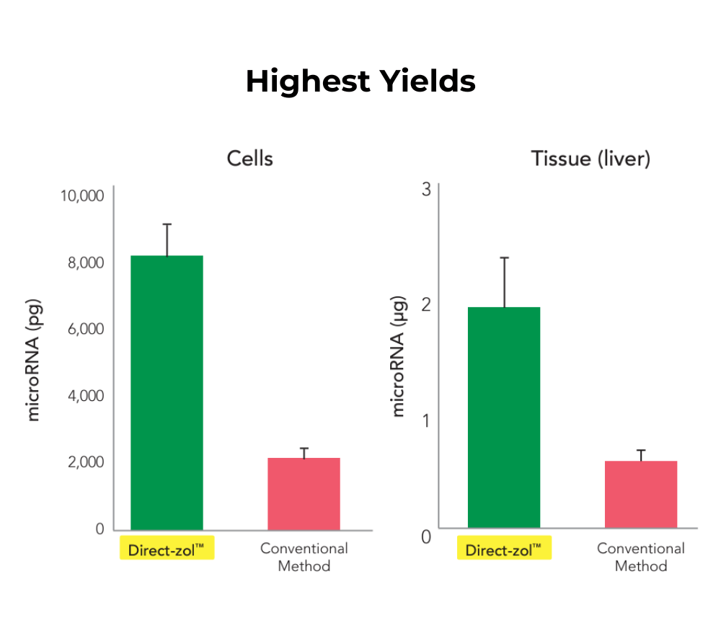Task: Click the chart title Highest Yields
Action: [x=360, y=81]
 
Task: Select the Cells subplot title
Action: [x=249, y=159]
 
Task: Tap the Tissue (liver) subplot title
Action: [x=590, y=159]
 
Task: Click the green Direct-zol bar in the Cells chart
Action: [x=167, y=393]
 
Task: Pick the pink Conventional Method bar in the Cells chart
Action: [x=304, y=494]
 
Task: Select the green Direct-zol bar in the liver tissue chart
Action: [x=504, y=418]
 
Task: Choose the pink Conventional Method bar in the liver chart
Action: [x=641, y=495]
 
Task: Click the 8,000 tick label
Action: [x=85, y=262]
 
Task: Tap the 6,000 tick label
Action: [x=85, y=329]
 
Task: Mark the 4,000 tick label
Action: [x=85, y=396]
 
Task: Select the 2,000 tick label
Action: [x=85, y=462]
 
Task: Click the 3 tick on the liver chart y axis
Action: [x=426, y=190]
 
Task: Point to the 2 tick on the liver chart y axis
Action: [x=426, y=304]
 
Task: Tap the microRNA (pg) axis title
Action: [x=34, y=361]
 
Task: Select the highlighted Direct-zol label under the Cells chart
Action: [x=167, y=550]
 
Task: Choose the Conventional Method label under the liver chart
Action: [x=641, y=557]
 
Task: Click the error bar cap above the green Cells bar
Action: [x=167, y=224]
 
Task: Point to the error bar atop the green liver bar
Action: [x=504, y=281]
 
